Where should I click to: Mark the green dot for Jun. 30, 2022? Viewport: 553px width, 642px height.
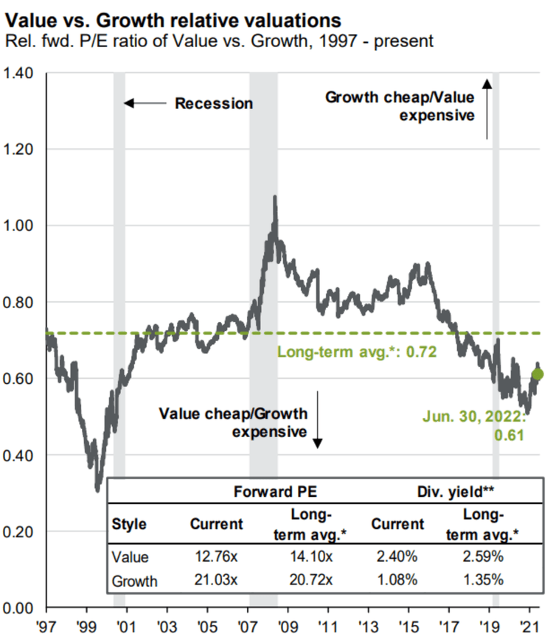click(538, 374)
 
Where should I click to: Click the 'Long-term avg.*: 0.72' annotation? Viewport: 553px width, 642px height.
click(357, 352)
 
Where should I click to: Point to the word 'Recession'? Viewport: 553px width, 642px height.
click(213, 103)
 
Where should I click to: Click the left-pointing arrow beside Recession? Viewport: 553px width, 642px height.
click(145, 103)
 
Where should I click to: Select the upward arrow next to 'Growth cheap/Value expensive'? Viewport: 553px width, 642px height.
click(487, 110)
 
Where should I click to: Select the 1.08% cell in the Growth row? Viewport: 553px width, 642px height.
click(397, 581)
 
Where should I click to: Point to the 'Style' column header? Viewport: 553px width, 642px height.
click(129, 524)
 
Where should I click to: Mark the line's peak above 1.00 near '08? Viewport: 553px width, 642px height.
click(275, 197)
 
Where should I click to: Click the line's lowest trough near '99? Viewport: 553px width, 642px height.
click(97, 489)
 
